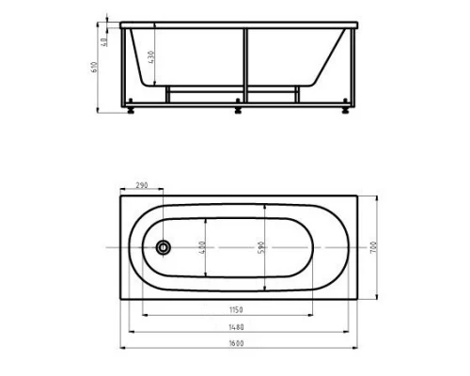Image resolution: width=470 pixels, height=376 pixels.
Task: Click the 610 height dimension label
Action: [94, 68]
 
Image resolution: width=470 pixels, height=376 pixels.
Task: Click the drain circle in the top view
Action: [164, 247]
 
